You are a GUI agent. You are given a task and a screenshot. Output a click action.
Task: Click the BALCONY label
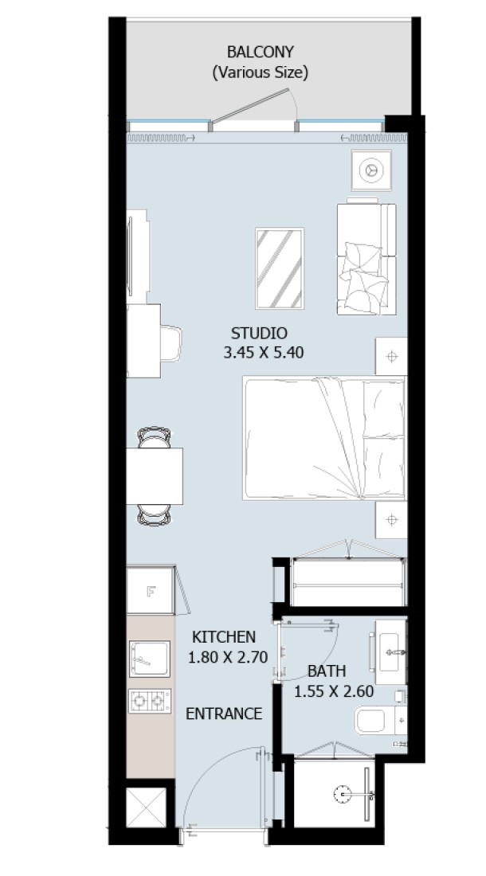pyautogui.click(x=260, y=52)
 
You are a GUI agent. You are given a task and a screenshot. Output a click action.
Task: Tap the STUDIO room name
pyautogui.click(x=259, y=334)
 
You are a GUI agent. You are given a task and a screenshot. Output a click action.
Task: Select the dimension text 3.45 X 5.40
pyautogui.click(x=264, y=353)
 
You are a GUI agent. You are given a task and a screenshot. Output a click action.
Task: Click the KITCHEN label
pyautogui.click(x=223, y=637)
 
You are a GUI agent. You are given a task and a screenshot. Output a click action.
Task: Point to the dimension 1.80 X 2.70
pyautogui.click(x=228, y=657)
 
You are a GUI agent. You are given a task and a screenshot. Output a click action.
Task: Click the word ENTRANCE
pyautogui.click(x=223, y=714)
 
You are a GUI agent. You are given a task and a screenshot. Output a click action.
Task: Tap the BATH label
pyautogui.click(x=327, y=671)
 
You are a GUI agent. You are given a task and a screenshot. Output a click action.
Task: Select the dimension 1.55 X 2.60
pyautogui.click(x=334, y=691)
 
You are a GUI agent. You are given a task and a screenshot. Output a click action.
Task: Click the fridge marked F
pyautogui.click(x=151, y=591)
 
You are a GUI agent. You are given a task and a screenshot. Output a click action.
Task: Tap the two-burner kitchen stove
pyautogui.click(x=150, y=701)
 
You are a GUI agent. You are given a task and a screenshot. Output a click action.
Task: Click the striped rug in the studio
pyautogui.click(x=280, y=268)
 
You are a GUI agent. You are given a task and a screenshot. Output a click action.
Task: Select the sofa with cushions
pyautogui.click(x=366, y=257)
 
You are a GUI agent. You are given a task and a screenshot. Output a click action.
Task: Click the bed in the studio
pyautogui.click(x=324, y=438)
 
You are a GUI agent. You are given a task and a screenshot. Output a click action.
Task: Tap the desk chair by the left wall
pyautogui.click(x=171, y=342)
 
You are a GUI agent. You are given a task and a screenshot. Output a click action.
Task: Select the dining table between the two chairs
pyautogui.click(x=155, y=476)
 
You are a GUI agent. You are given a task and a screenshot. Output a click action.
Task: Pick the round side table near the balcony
pyautogui.click(x=371, y=170)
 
